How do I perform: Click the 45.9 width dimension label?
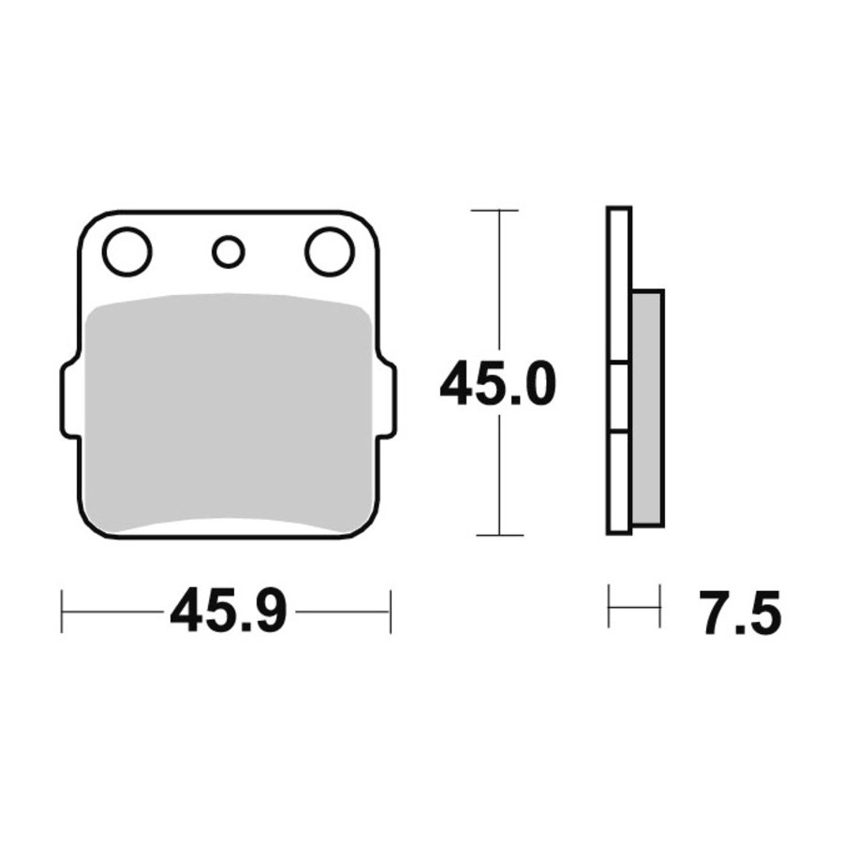(229, 612)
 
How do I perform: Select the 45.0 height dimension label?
(497, 383)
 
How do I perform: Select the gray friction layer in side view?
(648, 407)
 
